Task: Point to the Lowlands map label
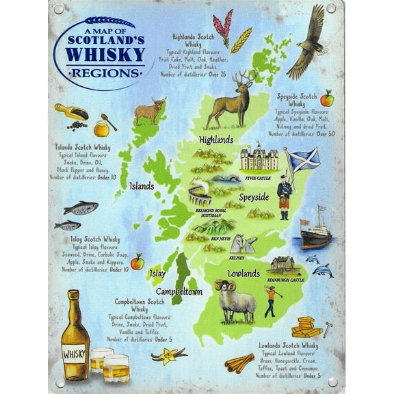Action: (x=243, y=274)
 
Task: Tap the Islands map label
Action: (x=142, y=185)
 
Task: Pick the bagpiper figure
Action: (x=285, y=196)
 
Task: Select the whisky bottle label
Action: (x=75, y=355)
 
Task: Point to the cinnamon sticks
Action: (x=239, y=363)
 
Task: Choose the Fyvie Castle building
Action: (x=259, y=159)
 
